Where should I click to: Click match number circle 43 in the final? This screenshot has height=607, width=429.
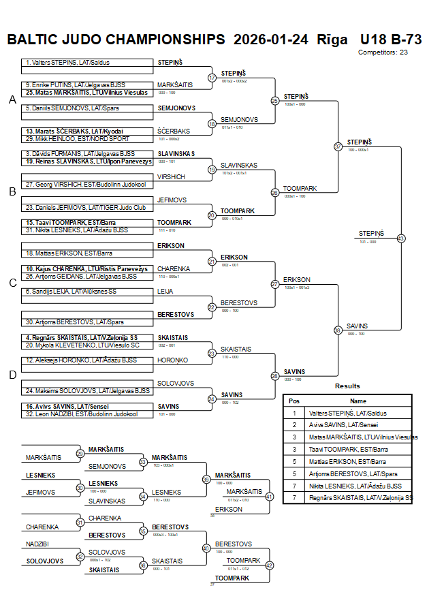click(401, 238)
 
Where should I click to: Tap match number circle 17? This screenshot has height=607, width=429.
click(212, 78)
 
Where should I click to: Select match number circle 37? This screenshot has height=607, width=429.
click(338, 146)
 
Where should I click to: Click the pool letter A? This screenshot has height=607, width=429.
click(12, 100)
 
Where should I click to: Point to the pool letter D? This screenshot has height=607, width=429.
click(12, 375)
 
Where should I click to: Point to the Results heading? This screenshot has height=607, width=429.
click(347, 386)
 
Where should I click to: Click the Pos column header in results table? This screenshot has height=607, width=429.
click(294, 401)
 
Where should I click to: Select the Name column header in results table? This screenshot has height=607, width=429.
click(358, 401)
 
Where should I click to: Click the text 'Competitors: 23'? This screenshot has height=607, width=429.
click(383, 52)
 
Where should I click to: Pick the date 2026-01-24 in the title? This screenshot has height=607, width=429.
click(270, 39)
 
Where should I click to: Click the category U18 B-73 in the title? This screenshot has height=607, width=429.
click(391, 39)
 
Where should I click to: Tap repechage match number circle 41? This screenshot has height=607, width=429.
click(269, 497)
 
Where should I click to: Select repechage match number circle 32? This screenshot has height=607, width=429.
click(80, 557)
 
